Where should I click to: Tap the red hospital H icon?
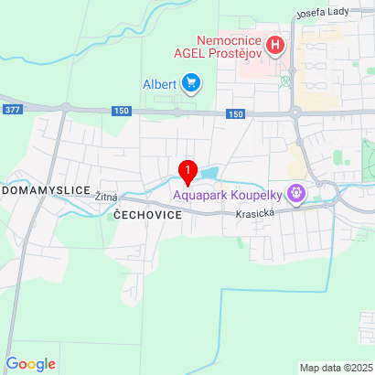click(275, 44)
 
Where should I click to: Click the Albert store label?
click(159, 84)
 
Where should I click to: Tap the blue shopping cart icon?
click(191, 84)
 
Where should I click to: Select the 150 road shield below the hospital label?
click(235, 114)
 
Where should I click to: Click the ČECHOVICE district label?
click(148, 213)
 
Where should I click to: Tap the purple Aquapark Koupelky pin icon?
click(295, 193)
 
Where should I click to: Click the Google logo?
click(30, 363)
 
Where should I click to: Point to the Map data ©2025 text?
click(336, 368)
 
